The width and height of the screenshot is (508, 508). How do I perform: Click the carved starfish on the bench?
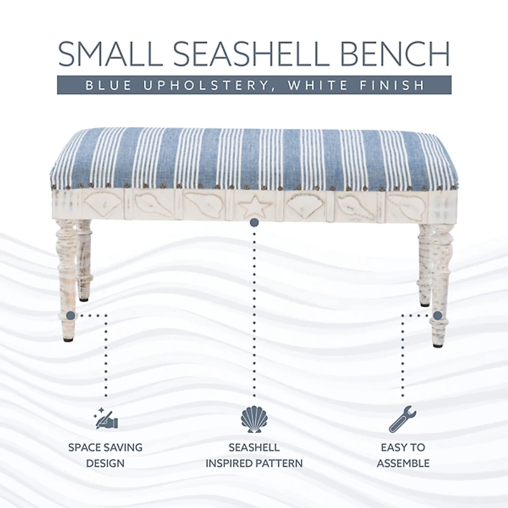click(253, 206)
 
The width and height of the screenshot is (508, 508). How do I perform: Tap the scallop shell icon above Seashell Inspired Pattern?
click(254, 419)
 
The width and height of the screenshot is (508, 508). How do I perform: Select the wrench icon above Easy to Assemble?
click(403, 420)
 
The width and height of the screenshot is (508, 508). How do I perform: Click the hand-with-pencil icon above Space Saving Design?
click(105, 419)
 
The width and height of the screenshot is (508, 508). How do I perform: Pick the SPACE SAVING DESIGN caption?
click(105, 455)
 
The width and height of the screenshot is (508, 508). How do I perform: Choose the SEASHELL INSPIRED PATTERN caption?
click(254, 455)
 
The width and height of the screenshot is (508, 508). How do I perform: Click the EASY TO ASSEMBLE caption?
click(403, 455)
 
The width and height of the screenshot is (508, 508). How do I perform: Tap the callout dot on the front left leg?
click(71, 314)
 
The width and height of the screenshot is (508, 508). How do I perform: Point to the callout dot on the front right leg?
click(437, 314)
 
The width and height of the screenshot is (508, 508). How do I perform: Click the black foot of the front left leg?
click(68, 339)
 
